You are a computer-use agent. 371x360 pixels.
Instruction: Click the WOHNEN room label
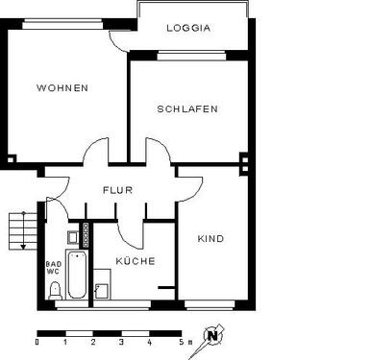62,87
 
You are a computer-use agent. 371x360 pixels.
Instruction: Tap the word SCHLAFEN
187,108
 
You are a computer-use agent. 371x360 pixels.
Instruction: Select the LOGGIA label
188,28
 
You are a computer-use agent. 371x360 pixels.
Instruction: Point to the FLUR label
118,190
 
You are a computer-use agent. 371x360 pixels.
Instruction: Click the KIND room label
210,238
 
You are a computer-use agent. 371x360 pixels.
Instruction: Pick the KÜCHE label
136,260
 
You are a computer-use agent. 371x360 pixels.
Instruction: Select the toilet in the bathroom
55,291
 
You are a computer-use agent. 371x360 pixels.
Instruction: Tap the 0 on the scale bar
37,342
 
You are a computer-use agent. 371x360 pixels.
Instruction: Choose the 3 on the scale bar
121,342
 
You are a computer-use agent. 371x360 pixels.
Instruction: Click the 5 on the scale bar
178,342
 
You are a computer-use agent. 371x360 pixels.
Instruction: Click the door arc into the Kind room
188,184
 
